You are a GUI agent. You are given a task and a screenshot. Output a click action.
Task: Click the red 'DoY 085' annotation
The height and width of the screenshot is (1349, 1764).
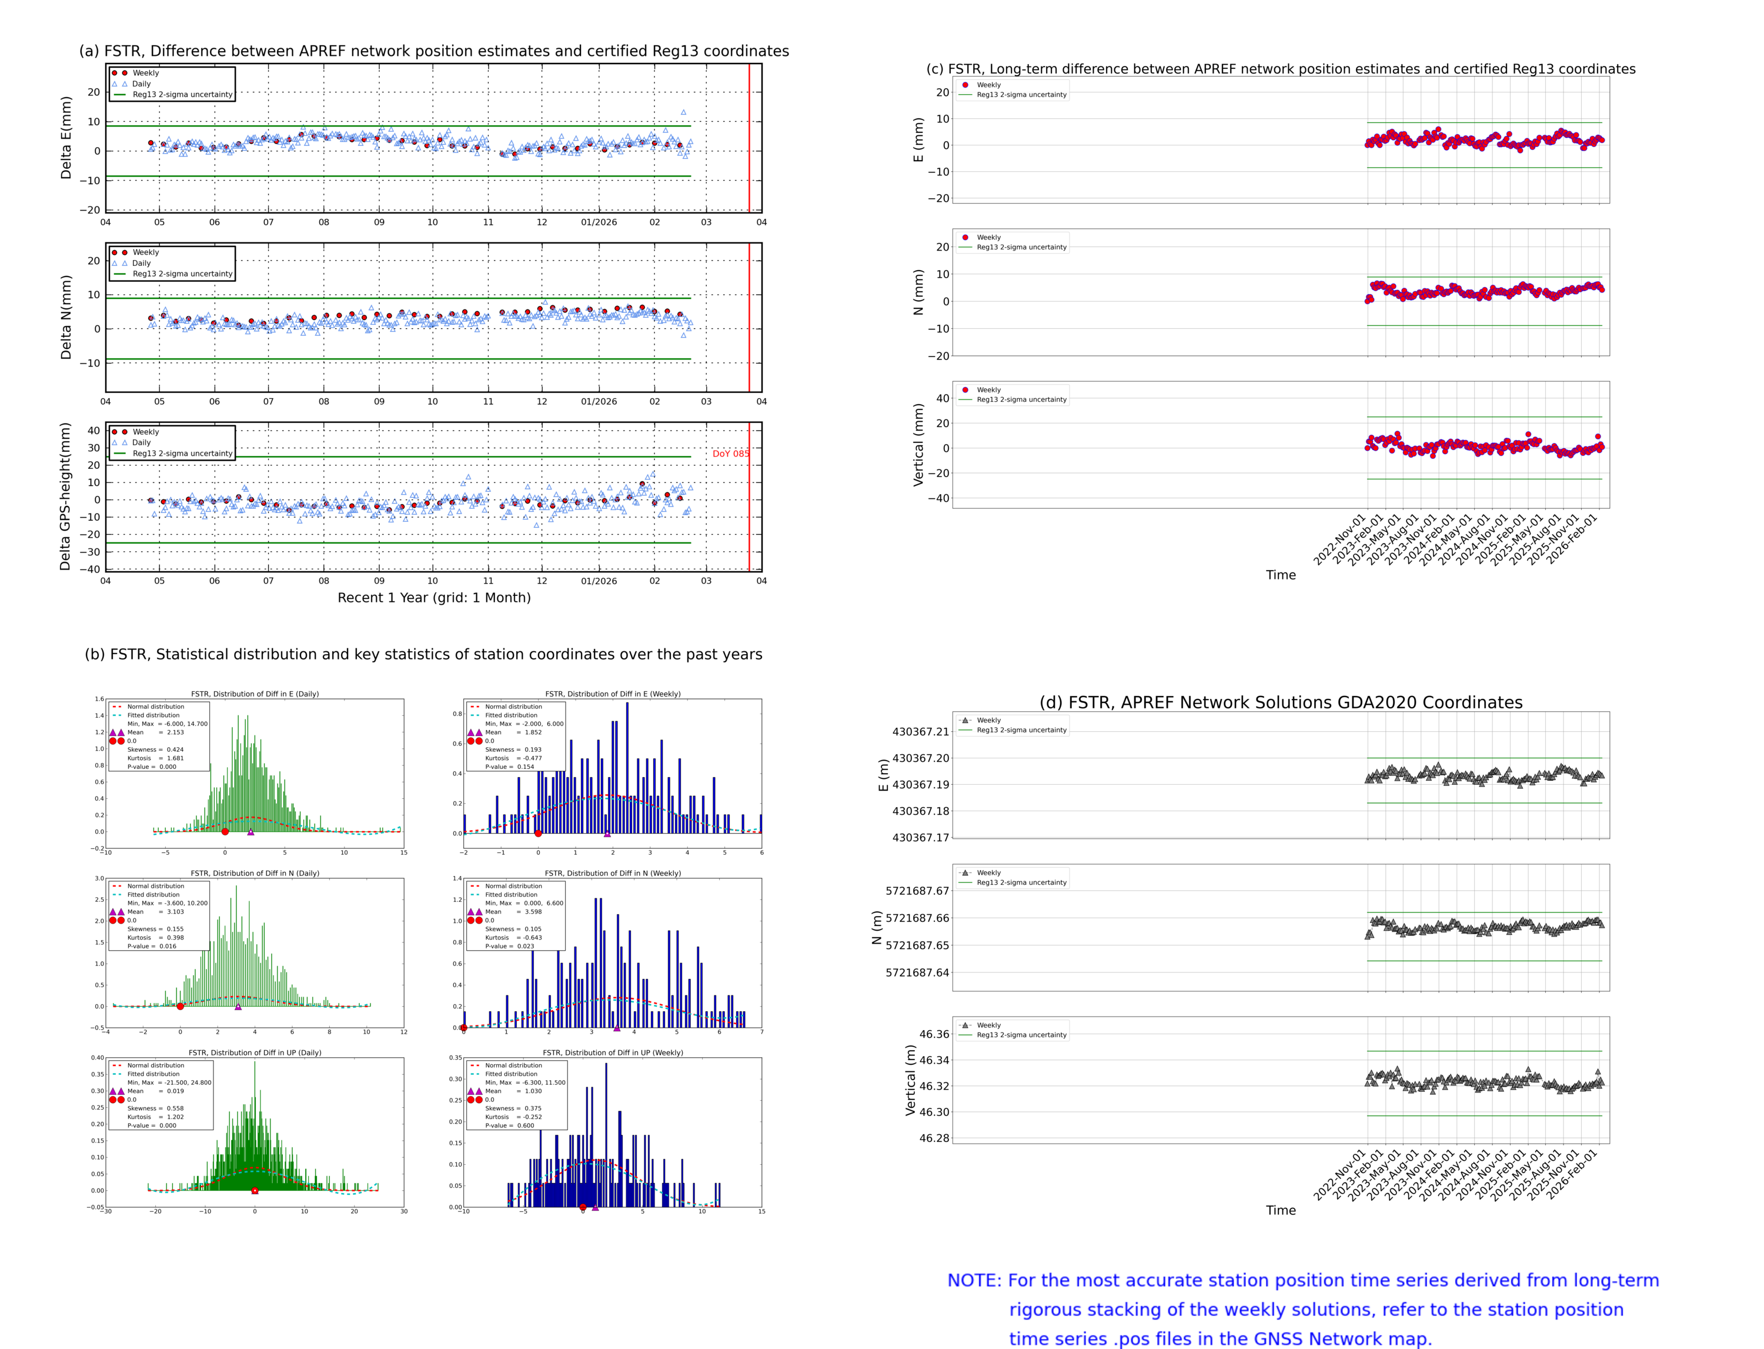(730, 454)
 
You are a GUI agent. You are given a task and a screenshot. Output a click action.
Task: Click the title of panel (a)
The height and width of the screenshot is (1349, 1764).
(433, 51)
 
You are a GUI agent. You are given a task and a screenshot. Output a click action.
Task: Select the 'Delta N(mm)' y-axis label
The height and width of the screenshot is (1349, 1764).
(66, 317)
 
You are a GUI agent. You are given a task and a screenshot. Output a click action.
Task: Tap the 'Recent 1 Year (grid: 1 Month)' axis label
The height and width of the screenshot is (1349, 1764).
(433, 597)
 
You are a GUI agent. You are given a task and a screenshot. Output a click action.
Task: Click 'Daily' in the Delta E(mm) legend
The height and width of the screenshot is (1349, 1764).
(141, 84)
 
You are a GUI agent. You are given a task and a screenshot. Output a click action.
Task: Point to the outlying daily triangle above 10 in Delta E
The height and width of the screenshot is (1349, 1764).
(683, 112)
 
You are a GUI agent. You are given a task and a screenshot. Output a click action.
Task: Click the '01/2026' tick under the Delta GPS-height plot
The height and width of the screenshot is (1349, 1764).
(599, 581)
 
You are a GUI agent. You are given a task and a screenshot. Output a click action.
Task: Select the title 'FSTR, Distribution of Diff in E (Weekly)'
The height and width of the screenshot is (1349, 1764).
(612, 694)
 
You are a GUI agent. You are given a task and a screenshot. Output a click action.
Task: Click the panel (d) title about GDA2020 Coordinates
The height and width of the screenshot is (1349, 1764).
(1280, 702)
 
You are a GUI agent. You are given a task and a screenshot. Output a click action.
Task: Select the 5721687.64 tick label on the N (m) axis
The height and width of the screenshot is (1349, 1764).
(917, 972)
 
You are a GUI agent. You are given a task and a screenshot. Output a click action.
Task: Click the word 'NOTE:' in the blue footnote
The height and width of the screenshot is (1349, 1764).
(974, 1281)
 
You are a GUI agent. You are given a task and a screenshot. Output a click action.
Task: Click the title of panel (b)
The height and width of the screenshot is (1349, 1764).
(423, 654)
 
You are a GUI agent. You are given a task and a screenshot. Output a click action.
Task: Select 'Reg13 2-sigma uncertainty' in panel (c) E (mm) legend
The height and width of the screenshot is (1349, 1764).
(1021, 95)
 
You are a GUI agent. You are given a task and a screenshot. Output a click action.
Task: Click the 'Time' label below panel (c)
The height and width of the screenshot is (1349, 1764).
(1280, 575)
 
